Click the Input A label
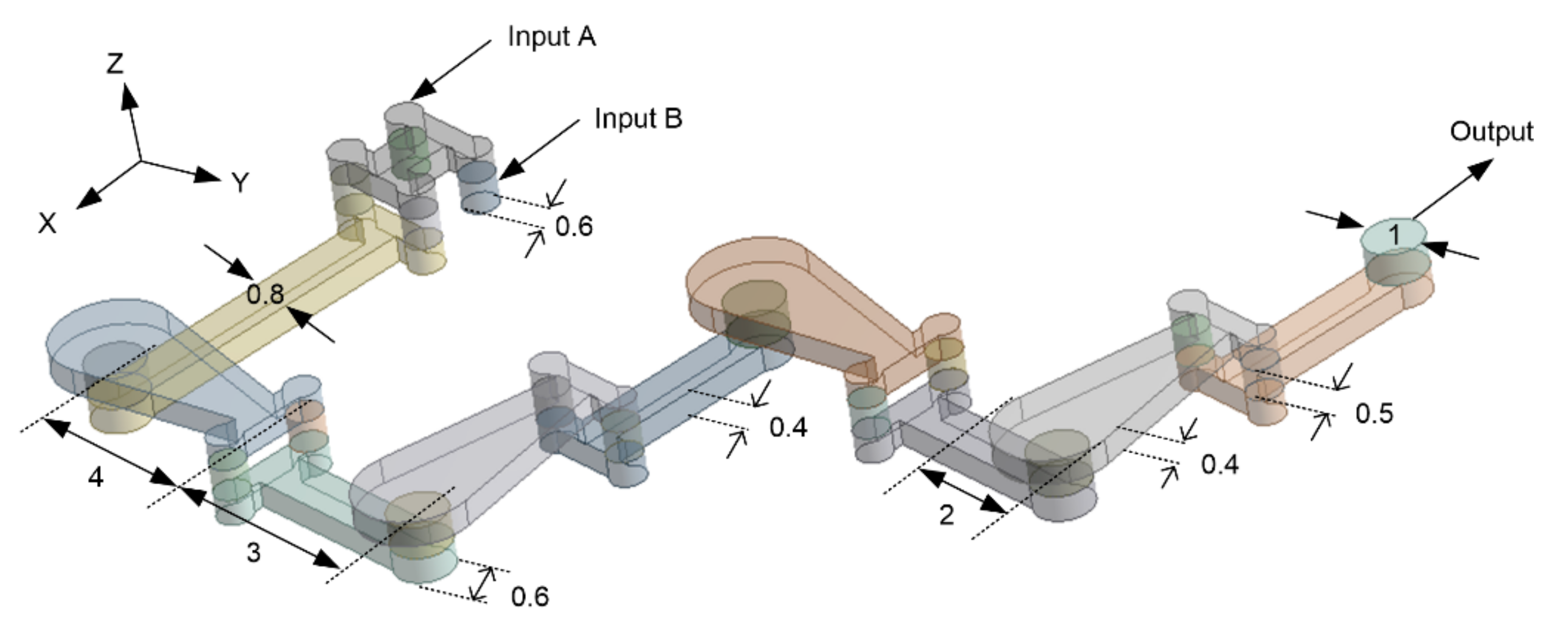pos(551,37)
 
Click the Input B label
pos(638,119)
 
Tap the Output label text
pos(1491,132)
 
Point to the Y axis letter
pos(240,182)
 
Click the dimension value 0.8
pos(266,295)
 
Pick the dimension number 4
pos(96,478)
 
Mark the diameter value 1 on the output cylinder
pos(1394,235)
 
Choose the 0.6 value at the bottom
pos(529,597)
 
